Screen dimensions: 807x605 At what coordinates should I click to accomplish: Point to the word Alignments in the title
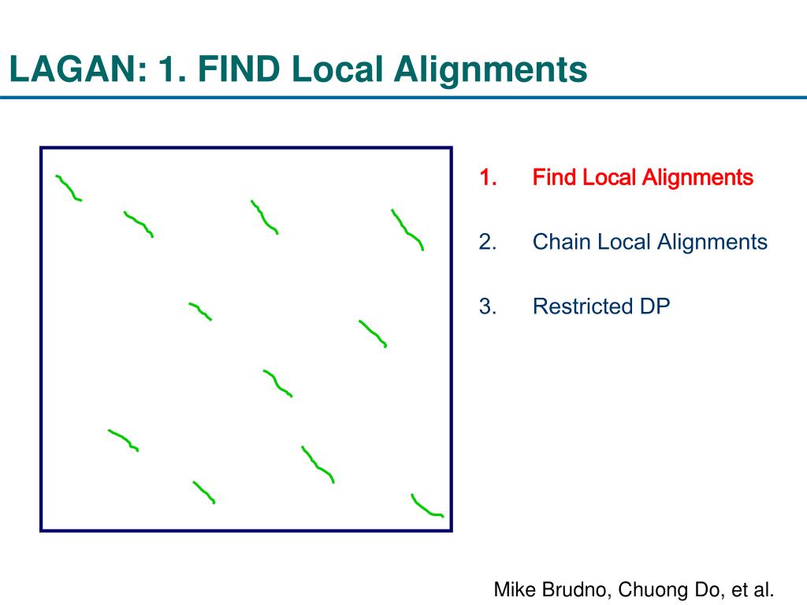[x=490, y=70]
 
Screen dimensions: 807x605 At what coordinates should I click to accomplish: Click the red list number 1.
[x=488, y=178]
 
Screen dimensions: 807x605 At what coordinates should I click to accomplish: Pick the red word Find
[x=555, y=178]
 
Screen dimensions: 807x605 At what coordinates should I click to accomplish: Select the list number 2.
[x=488, y=242]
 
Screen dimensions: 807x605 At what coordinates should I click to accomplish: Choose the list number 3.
[x=488, y=306]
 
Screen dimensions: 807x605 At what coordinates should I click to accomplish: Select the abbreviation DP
[x=654, y=306]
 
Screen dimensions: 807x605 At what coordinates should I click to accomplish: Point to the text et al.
[x=754, y=589]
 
